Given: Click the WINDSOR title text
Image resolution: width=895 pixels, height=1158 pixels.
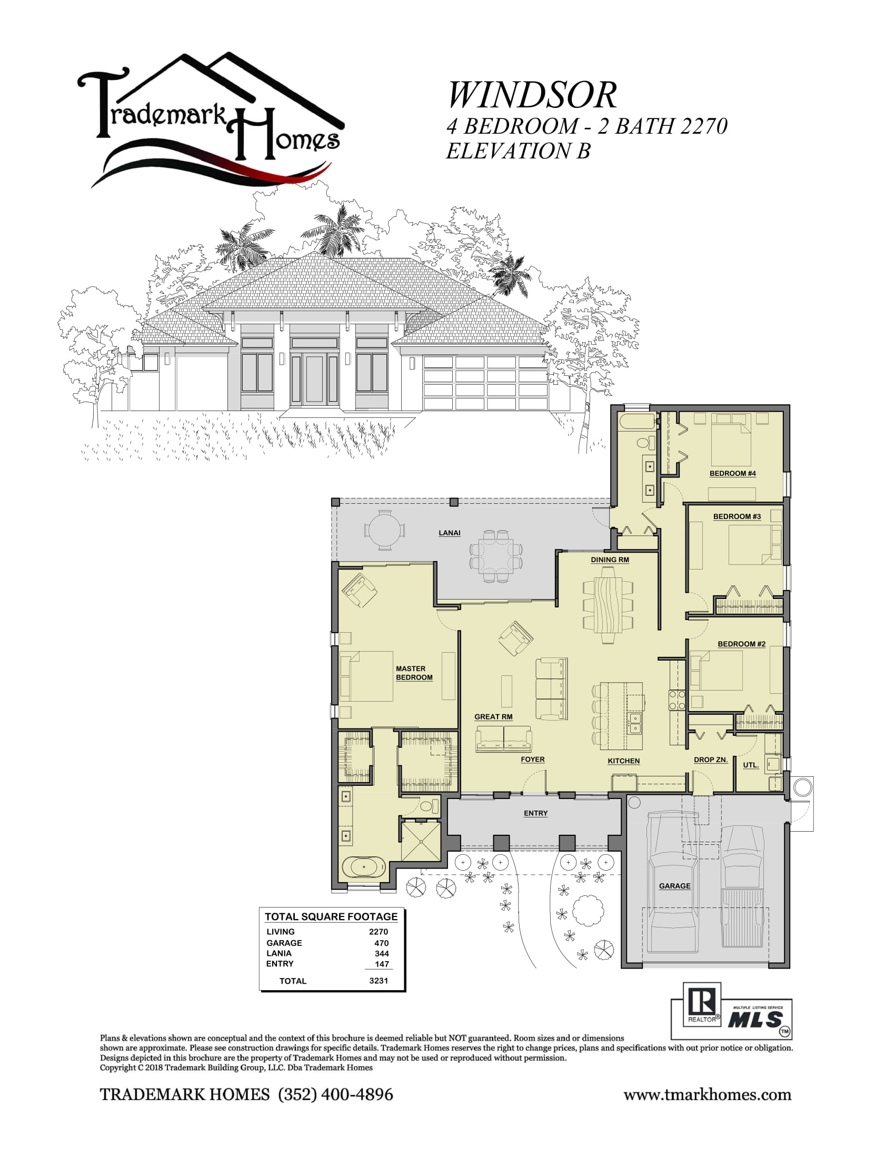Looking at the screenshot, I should click(532, 95).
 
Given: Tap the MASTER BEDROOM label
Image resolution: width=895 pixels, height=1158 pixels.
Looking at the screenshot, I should click(414, 673).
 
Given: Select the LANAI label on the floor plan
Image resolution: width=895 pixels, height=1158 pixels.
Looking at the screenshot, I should click(449, 533).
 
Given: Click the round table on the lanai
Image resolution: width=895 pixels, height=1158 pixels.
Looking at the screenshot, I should click(384, 530).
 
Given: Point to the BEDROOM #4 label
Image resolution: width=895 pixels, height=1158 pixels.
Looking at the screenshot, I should click(732, 474).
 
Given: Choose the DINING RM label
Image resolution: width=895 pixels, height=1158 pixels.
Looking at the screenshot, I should click(610, 560).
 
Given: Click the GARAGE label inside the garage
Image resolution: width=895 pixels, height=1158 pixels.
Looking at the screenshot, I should click(674, 885).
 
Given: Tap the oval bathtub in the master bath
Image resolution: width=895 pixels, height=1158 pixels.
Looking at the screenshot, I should click(363, 867).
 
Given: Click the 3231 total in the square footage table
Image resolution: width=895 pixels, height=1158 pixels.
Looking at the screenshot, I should click(379, 981).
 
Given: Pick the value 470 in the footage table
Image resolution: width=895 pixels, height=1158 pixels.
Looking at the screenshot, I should click(381, 943).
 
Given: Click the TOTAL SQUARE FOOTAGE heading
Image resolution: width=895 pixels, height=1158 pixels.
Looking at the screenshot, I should click(331, 916).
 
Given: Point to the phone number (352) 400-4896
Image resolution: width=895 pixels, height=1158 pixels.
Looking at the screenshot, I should click(336, 1094).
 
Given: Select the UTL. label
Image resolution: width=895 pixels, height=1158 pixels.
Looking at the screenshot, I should click(750, 765).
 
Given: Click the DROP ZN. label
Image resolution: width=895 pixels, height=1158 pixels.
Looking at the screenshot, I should click(711, 760).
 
